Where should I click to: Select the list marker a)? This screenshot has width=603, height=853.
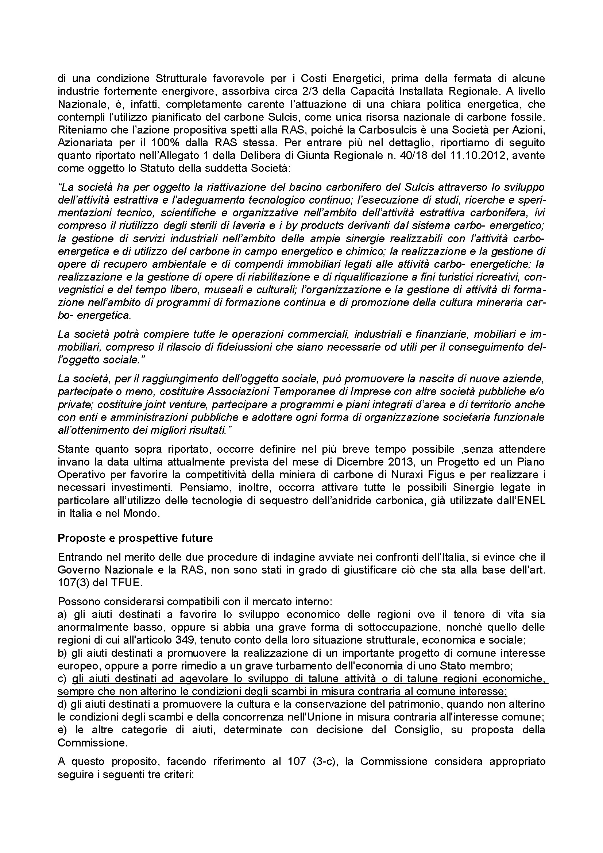point(62,614)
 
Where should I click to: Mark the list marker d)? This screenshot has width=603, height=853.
point(62,704)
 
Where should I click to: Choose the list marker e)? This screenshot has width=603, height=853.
point(62,729)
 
